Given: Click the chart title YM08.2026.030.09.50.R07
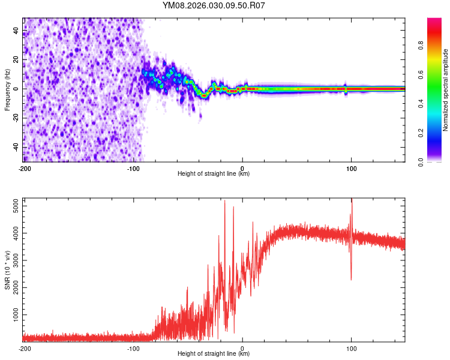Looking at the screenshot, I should point(214,6).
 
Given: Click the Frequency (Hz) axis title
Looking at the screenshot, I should point(7,89).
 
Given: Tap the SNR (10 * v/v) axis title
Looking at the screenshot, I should point(7,270).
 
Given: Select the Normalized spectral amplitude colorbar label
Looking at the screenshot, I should point(445,90).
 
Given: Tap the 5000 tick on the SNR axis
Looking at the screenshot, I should point(13,206).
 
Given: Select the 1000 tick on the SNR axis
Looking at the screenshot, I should point(13,314).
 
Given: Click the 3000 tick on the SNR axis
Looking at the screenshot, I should point(13,260).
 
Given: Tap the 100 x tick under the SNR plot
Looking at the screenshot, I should point(351,349).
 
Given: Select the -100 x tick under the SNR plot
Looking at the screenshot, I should point(133,349).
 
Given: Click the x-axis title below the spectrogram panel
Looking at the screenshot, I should point(214,174).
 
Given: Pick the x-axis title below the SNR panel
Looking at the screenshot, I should point(214,354).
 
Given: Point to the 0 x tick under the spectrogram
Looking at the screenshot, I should point(242,169).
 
